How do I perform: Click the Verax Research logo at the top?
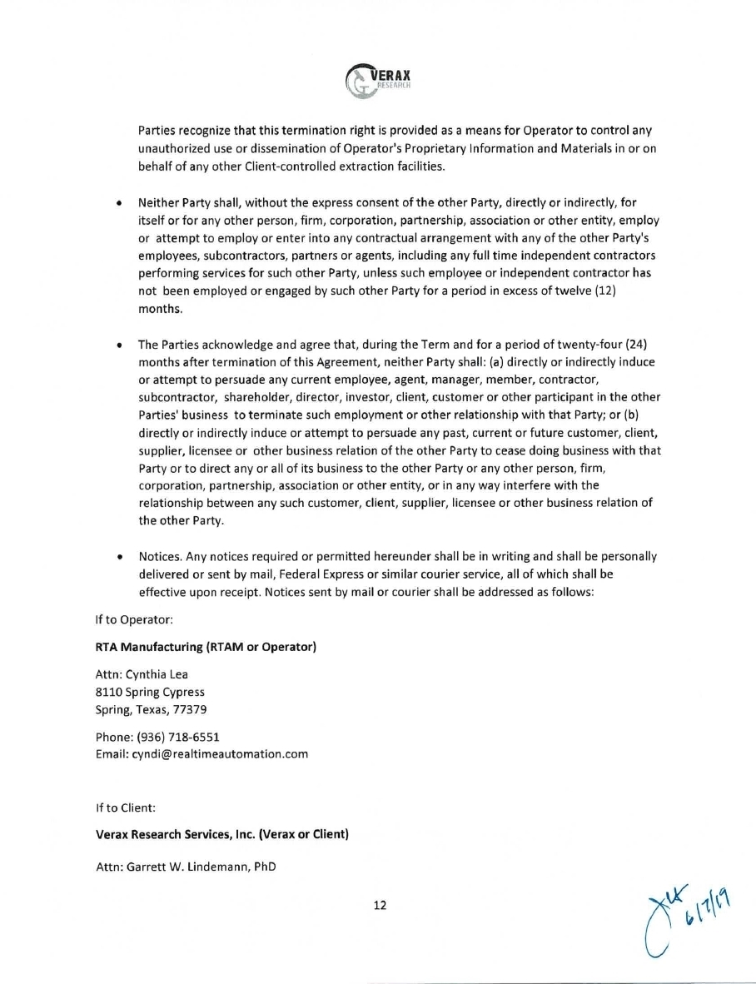(x=378, y=81)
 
